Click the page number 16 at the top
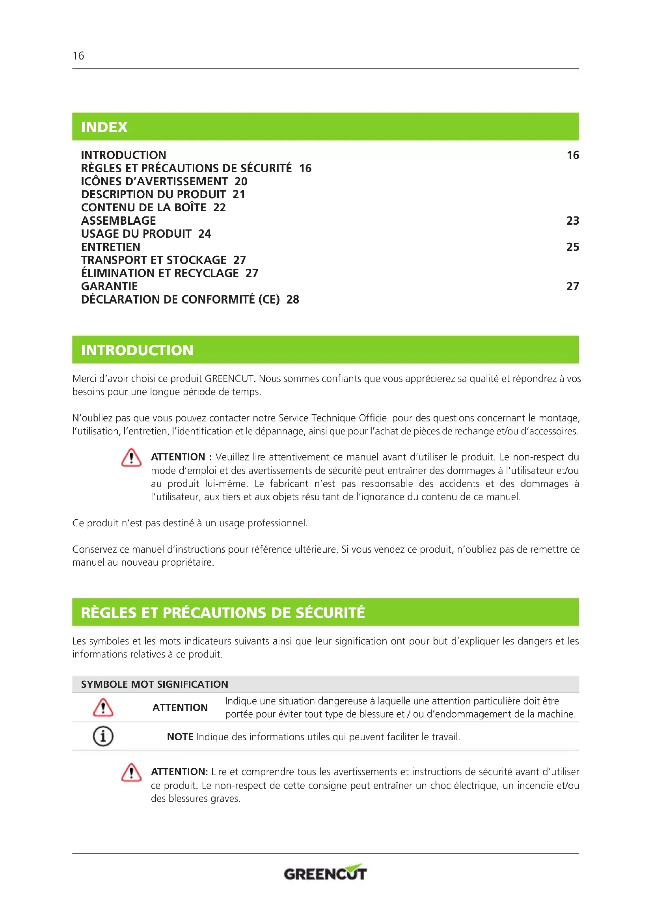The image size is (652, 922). [78, 56]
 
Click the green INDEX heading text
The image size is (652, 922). [104, 127]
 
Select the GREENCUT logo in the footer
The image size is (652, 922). [325, 873]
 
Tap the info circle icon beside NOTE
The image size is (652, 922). [103, 736]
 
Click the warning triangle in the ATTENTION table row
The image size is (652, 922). [103, 707]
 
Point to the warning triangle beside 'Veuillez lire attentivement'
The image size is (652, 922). [131, 458]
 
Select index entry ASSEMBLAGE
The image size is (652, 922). [118, 220]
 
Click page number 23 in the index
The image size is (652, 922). [572, 220]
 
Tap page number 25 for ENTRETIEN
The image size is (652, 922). [572, 247]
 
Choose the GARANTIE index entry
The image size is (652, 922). [109, 286]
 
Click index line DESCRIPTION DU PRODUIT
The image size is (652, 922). [153, 194]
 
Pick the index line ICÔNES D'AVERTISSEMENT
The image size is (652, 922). [155, 181]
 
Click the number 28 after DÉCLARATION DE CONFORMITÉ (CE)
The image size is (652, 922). [292, 300]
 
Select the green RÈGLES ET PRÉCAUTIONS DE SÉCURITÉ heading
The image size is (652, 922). [223, 613]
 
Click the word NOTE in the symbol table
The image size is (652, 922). [180, 737]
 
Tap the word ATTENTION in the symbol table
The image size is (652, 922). [180, 708]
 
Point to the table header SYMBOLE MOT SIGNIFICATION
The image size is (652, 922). [155, 684]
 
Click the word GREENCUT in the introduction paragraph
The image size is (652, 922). [229, 379]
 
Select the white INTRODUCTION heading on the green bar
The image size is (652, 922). [137, 350]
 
